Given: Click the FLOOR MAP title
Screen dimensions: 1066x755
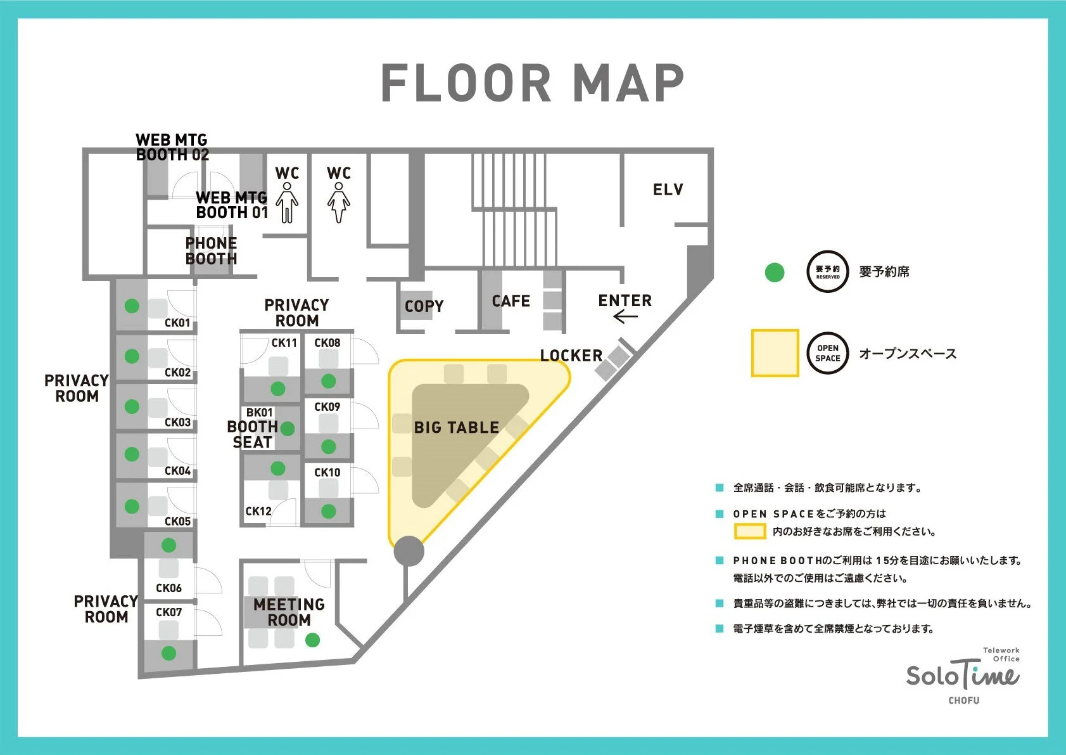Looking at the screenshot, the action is point(533,83).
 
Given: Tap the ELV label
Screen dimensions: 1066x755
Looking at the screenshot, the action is point(668,190).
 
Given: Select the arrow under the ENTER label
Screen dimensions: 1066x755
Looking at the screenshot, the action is point(625,316).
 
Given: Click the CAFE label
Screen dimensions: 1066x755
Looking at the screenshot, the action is point(511,301).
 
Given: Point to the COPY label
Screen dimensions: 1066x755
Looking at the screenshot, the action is point(424,306).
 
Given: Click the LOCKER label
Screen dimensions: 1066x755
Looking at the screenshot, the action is point(571,356).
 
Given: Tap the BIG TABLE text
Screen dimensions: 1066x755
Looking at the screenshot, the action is point(457,427).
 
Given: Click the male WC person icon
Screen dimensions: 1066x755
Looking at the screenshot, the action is point(287,202).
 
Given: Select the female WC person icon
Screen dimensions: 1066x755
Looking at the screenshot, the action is point(338,202).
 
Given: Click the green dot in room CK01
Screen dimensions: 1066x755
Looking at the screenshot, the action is point(132,306).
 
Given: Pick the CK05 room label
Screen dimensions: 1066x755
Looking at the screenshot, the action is point(177,521).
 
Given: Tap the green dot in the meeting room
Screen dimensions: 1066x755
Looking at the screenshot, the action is point(312,640).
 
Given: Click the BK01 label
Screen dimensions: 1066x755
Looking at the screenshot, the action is point(259,412).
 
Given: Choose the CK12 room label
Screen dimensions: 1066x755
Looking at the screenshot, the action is point(258,511).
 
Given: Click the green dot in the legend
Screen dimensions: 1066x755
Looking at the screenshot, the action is point(774,273).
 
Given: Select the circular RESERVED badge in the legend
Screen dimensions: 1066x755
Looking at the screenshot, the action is point(828,271).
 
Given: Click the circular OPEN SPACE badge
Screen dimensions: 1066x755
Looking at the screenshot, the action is point(828,353).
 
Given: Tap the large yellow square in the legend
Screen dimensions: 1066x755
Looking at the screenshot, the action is point(775,353).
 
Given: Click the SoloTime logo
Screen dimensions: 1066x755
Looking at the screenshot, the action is point(963,676).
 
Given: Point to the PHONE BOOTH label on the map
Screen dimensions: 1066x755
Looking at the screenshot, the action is point(212,251).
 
